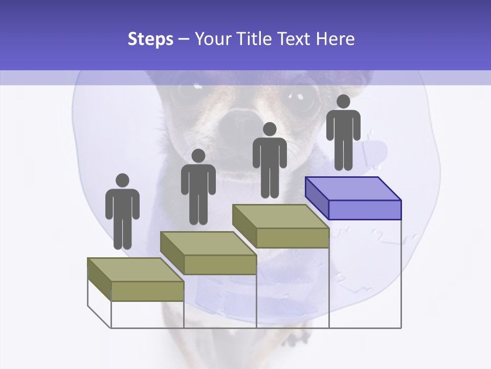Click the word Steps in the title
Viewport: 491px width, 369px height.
tap(150, 39)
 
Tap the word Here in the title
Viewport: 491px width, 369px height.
tap(335, 39)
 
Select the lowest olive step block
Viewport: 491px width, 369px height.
tap(136, 280)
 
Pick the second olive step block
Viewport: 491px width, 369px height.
tap(208, 253)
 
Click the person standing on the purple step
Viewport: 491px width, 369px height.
tap(343, 133)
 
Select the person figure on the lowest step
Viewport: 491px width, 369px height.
tap(122, 213)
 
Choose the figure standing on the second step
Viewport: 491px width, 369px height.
tap(198, 188)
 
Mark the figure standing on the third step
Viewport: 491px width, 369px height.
tap(270, 161)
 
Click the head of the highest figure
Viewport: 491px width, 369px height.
tap(343, 101)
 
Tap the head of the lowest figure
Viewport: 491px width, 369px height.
tap(122, 180)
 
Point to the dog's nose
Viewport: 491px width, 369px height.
tap(237, 122)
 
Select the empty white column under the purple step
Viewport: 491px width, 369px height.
tap(365, 274)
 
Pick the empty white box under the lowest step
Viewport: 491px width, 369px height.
tap(147, 314)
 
